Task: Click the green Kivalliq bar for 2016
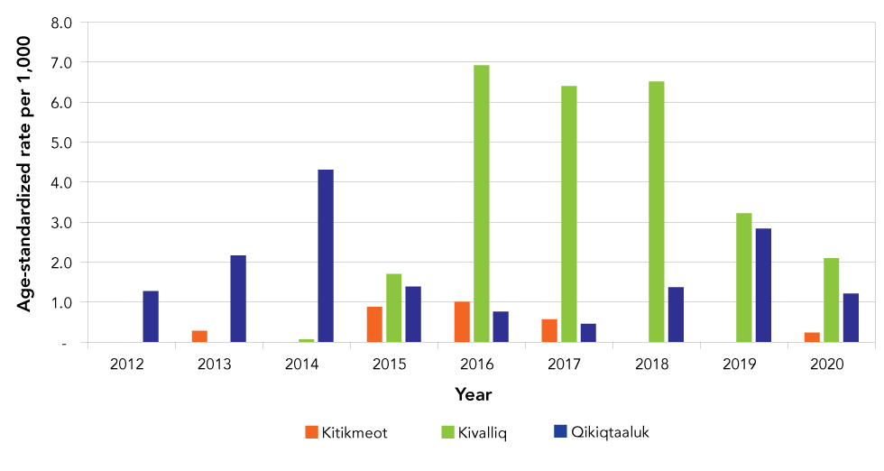482,204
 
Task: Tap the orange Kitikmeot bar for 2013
199,337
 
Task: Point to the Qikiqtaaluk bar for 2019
763,285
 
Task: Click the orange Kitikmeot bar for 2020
812,337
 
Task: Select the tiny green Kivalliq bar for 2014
307,341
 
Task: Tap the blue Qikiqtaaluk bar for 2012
151,317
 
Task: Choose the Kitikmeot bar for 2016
462,322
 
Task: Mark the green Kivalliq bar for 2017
569,214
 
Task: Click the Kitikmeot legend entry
346,432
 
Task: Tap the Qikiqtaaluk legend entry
601,432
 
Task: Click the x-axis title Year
474,394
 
